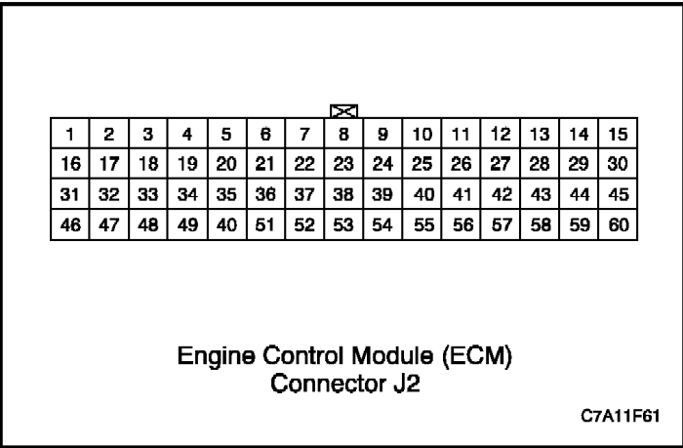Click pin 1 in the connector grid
69,134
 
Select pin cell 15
618,134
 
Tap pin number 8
343,134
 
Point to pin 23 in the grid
343,164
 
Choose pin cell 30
618,164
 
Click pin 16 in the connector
69,164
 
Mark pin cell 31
69,194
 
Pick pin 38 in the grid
343,194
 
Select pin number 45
618,194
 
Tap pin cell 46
69,224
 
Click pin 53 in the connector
343,224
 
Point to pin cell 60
618,224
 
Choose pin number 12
501,134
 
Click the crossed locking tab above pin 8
344,111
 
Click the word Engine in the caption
216,357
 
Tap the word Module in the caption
392,355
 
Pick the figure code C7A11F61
621,416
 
